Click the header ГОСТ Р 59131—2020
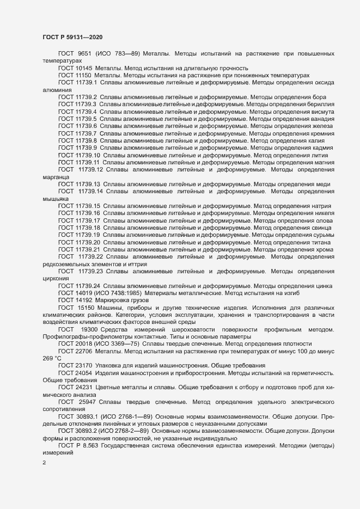point(72,36)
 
